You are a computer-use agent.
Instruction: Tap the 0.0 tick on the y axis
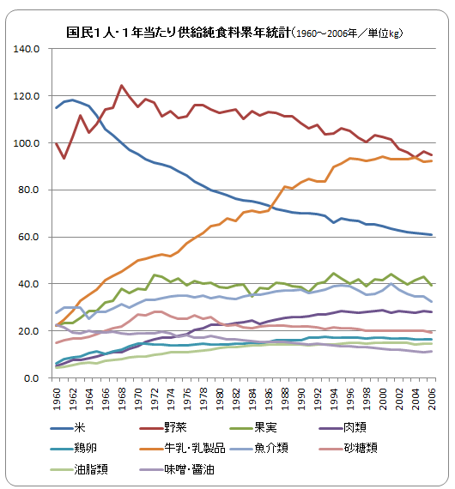pos(33,378)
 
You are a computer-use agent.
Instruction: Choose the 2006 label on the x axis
pos(432,396)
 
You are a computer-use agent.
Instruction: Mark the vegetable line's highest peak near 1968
pos(122,86)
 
